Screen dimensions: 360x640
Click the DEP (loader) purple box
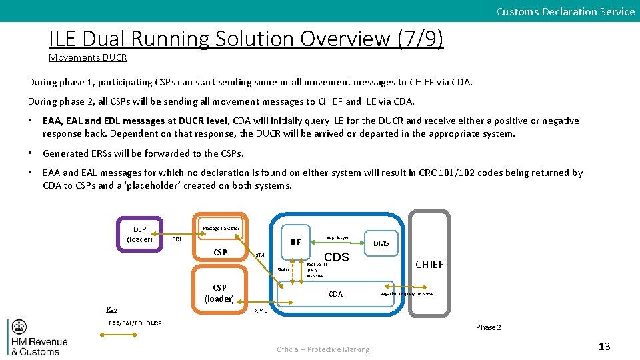click(139, 234)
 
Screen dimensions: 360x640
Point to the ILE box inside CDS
click(295, 242)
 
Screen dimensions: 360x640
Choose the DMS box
click(381, 243)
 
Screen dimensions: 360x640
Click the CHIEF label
click(429, 265)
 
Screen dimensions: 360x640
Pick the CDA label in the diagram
click(336, 294)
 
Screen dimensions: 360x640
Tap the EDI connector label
click(177, 239)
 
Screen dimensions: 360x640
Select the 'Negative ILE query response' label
click(407, 293)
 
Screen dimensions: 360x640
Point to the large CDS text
click(336, 257)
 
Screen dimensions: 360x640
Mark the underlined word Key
click(112, 309)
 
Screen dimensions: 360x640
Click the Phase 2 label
click(488, 327)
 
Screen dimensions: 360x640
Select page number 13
click(604, 345)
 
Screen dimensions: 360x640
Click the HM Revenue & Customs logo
click(38, 339)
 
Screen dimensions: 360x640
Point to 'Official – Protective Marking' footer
click(323, 349)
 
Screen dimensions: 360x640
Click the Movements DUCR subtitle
click(87, 57)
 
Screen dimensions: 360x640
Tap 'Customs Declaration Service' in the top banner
click(565, 11)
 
